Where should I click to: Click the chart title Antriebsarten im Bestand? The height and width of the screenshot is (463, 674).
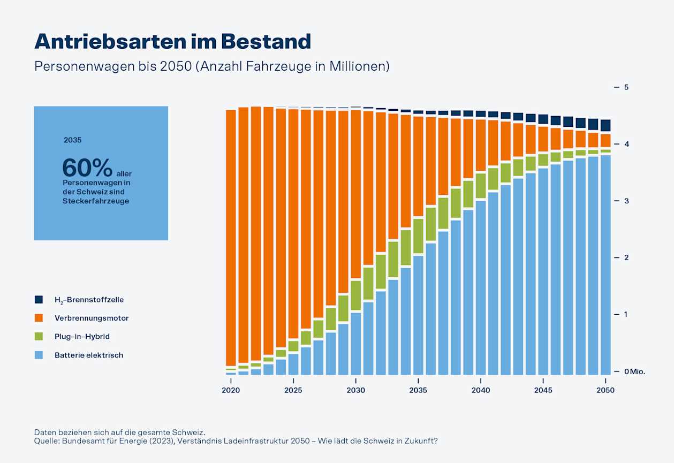[172, 41]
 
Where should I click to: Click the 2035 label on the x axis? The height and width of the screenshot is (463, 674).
[418, 390]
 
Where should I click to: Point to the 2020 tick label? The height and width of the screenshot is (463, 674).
[231, 390]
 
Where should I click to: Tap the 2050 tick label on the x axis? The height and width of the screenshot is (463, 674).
[605, 390]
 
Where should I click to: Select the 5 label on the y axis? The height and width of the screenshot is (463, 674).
[625, 87]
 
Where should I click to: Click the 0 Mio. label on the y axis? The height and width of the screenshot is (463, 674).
[635, 371]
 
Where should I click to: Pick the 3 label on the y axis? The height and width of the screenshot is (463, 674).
[625, 201]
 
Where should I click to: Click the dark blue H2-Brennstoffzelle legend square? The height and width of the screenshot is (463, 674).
[39, 300]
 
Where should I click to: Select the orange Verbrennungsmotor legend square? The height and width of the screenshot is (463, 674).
[39, 318]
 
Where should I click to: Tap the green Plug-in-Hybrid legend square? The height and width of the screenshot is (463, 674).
[39, 337]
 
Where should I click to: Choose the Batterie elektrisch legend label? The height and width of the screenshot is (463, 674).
[89, 355]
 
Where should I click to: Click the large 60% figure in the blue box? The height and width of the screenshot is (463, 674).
[87, 168]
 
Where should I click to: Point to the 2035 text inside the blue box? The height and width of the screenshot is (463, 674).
[72, 140]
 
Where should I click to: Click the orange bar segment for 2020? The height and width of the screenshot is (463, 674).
[231, 236]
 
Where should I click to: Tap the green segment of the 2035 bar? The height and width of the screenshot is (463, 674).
[418, 236]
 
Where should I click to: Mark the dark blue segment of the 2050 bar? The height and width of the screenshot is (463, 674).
[605, 125]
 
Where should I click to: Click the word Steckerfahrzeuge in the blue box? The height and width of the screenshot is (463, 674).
[96, 201]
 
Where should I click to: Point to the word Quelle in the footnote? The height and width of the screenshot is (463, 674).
[47, 441]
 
